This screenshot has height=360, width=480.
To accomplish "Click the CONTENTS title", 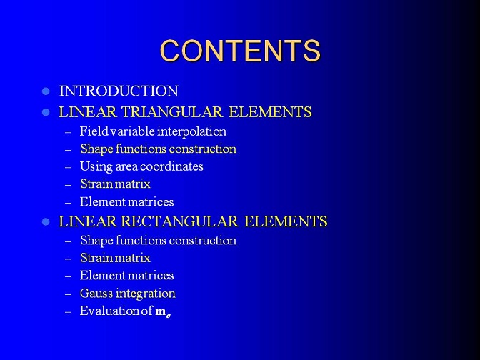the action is click(240, 51).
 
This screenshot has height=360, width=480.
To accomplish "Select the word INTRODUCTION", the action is click(119, 91).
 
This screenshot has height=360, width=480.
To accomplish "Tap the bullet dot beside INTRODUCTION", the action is click(46, 91).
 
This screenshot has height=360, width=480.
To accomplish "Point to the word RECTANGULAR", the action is click(180, 221).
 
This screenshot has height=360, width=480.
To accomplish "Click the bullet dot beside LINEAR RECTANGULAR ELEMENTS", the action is click(46, 221).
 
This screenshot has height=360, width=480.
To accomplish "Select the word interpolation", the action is click(191, 131).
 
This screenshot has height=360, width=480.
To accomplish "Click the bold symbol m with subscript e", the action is click(163, 312).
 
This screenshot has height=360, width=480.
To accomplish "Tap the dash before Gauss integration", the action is click(69, 294).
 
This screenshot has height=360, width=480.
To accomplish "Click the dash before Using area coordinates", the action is click(69, 168).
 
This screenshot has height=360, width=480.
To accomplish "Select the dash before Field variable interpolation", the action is click(69, 133).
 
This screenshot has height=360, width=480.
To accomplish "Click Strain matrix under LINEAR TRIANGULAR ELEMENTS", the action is click(115, 184).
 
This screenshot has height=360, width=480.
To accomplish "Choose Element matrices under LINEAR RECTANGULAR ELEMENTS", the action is click(126, 276).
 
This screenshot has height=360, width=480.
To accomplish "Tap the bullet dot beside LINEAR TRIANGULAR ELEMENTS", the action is click(46, 112).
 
